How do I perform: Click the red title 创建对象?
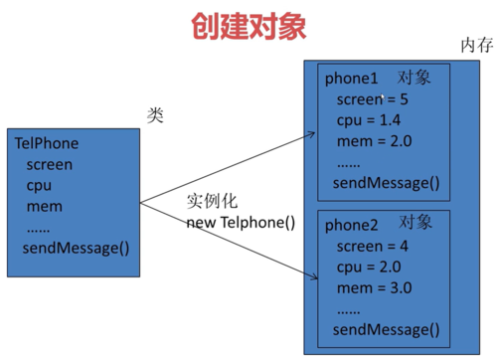(249, 26)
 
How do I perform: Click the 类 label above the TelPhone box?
(155, 115)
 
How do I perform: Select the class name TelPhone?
(47, 144)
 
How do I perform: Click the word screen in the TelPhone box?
(50, 165)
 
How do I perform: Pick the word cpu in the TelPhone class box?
(39, 186)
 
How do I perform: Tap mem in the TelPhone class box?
(44, 206)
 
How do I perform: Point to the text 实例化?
(213, 201)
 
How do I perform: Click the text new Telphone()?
(242, 222)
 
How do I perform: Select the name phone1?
(352, 79)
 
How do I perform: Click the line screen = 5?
(373, 99)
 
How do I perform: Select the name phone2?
(352, 226)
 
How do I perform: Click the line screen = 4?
(373, 247)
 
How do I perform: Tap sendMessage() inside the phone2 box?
(386, 329)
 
